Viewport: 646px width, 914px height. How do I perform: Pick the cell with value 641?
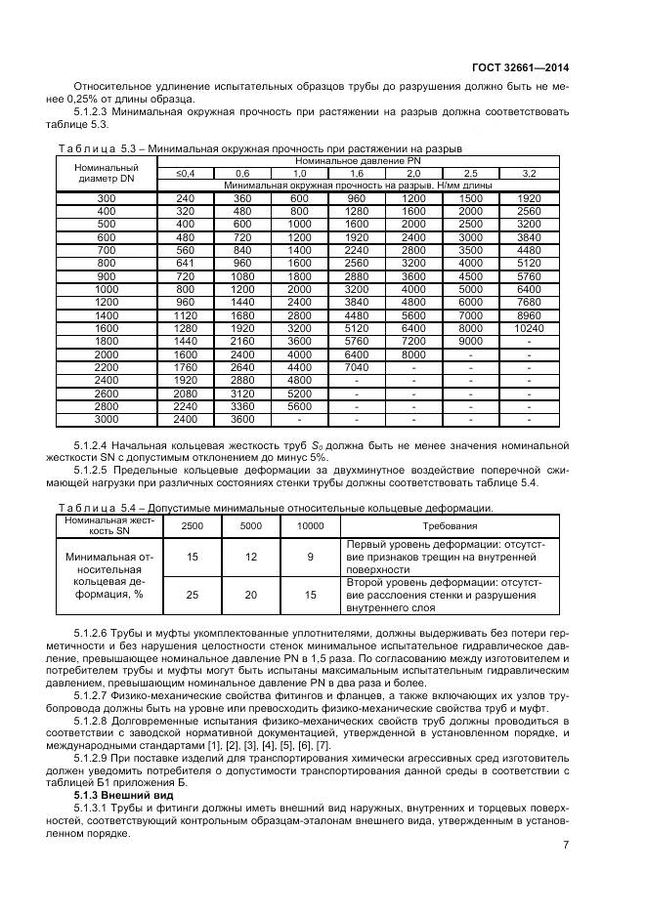(186, 262)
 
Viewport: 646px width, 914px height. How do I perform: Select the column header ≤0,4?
(186, 173)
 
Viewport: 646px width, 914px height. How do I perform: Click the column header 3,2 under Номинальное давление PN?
(529, 173)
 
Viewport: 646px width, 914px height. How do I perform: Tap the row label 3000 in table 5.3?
(106, 420)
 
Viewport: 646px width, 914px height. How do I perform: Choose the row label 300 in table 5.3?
(106, 198)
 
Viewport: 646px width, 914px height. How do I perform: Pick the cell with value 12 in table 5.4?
(251, 556)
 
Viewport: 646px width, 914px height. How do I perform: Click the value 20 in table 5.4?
(251, 594)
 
